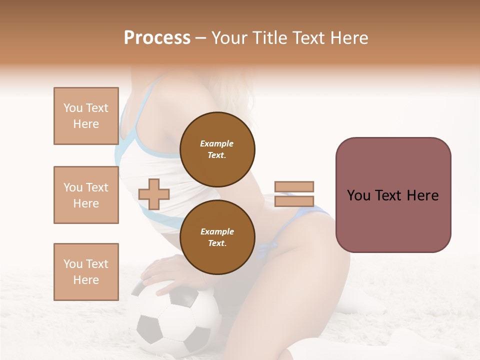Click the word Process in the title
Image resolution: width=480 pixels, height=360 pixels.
click(x=157, y=38)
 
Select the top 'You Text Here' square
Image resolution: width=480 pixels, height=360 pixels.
click(x=86, y=116)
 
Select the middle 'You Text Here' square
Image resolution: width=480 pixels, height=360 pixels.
click(x=86, y=195)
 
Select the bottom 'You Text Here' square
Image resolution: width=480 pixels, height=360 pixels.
click(x=86, y=271)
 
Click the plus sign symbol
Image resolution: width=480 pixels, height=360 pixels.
click(x=154, y=194)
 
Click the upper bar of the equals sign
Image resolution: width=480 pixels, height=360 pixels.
click(x=294, y=186)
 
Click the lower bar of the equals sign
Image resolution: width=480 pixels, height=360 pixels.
click(x=294, y=201)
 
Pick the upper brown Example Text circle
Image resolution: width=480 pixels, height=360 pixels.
click(x=217, y=149)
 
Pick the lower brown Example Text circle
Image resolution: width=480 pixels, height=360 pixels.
click(x=217, y=237)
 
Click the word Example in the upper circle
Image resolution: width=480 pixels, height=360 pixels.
click(x=217, y=143)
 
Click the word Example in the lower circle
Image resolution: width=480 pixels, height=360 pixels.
click(x=217, y=231)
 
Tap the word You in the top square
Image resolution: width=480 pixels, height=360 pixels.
click(x=73, y=108)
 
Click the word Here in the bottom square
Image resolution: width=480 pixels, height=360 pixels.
click(x=86, y=280)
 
